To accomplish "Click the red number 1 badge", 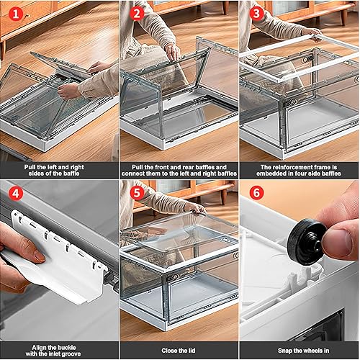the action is click(16, 14).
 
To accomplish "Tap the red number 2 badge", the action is click(137, 14).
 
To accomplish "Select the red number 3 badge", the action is click(256, 14).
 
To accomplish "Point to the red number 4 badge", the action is click(16, 193).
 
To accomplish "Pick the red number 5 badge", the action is click(137, 193).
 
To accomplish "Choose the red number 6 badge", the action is click(256, 193).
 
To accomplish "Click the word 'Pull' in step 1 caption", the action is click(30, 167).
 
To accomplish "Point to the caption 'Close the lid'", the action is click(179, 351).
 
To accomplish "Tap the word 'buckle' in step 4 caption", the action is click(65, 348).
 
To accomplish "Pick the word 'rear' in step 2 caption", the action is click(187, 167).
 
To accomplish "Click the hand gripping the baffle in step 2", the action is click(173, 51).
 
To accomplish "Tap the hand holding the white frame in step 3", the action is click(311, 33).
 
